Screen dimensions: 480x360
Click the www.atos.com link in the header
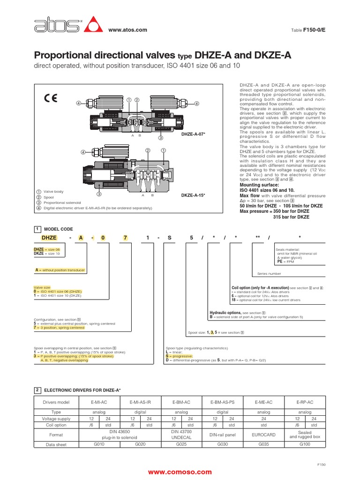pyautogui.click(x=128, y=30)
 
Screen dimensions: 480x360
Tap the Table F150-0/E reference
pyautogui.click(x=308, y=30)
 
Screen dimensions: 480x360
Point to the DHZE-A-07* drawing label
pyautogui.click(x=194, y=134)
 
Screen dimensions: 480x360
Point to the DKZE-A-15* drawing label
pyautogui.click(x=194, y=195)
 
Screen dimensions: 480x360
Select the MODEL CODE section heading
pyautogui.click(x=58, y=229)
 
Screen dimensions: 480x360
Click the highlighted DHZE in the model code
pyautogui.click(x=49, y=238)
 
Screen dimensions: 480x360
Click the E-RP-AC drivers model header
pyautogui.click(x=304, y=402)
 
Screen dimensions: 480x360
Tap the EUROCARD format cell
pyautogui.click(x=263, y=435)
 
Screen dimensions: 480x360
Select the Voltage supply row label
pyautogui.click(x=56, y=419)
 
